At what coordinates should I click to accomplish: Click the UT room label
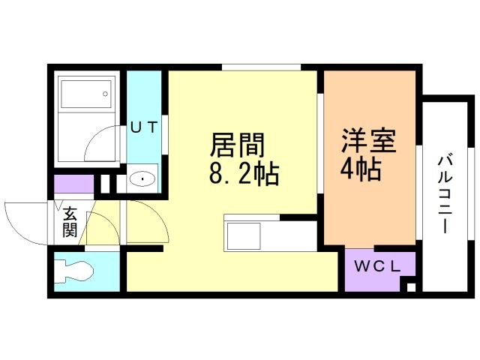click(144, 127)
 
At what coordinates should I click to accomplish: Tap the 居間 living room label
click(237, 145)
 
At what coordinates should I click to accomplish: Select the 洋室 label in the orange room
click(369, 140)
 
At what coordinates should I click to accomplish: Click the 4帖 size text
click(361, 169)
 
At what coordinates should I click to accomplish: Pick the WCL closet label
click(377, 266)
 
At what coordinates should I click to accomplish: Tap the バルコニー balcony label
click(445, 195)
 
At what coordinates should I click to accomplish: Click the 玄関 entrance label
click(70, 223)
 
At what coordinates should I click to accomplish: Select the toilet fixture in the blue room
click(73, 270)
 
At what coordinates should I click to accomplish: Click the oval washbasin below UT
click(142, 178)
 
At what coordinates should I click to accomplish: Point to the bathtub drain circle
click(105, 94)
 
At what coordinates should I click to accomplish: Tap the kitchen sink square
click(243, 236)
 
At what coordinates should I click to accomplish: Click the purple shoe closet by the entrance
click(73, 184)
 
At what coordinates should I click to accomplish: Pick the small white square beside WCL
click(411, 288)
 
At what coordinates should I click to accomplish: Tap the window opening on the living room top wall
click(262, 67)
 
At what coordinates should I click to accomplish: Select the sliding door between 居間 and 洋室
click(320, 143)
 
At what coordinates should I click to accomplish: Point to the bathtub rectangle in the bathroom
click(86, 94)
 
